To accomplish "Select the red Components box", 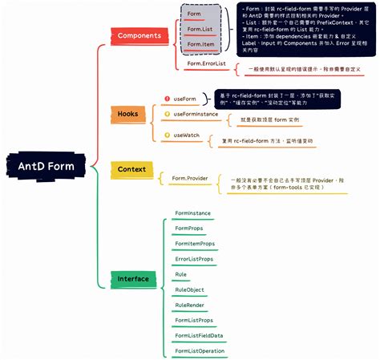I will (x=139, y=36).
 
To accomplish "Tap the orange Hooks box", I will (x=127, y=115).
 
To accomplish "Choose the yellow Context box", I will (x=131, y=169).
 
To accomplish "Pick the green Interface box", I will (x=133, y=279).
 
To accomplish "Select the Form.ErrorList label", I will (x=206, y=63).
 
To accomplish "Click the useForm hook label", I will (x=186, y=99).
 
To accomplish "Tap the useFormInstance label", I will (x=196, y=115).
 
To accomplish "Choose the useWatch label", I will (x=187, y=136).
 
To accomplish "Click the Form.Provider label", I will (x=190, y=178).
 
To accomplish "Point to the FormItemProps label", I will (x=195, y=243).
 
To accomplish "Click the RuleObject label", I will (x=189, y=289).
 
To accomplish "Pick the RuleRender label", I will (x=189, y=305).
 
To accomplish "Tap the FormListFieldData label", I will (x=199, y=335).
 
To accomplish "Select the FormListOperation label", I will (x=200, y=350).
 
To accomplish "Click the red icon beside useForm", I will (x=167, y=99).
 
